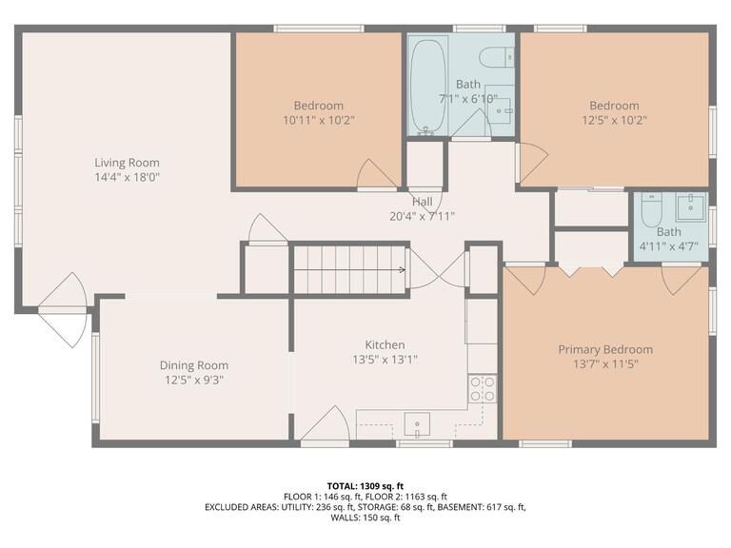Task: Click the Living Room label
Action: tap(127, 163)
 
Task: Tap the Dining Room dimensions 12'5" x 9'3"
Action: tap(193, 380)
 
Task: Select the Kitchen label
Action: tap(385, 344)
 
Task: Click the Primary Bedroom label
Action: tap(605, 349)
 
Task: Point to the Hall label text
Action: tap(422, 202)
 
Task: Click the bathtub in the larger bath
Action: tap(425, 86)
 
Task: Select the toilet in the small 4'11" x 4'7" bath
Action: tap(651, 209)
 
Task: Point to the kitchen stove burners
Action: tap(483, 388)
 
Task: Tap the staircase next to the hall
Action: tap(349, 269)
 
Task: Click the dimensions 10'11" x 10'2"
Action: tap(319, 120)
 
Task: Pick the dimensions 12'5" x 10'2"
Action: tap(614, 120)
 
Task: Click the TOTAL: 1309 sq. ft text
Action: tap(365, 484)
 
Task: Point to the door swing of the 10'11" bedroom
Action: tap(375, 174)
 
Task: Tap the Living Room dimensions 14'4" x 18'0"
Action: tap(127, 177)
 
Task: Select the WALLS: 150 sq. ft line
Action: tap(365, 519)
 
